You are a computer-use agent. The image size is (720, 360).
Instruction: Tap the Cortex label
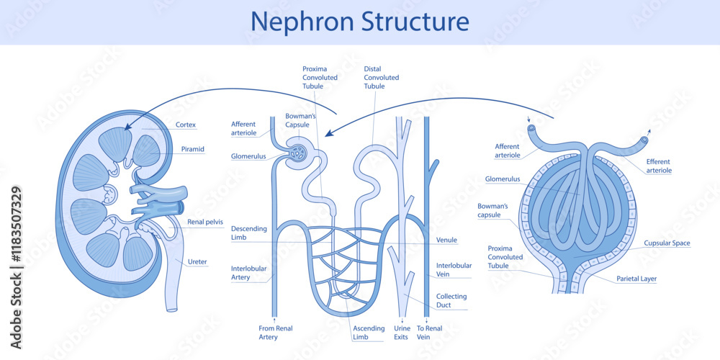(186, 125)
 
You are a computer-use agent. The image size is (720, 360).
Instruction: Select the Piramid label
(192, 149)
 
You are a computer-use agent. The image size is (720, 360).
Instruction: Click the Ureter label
(197, 262)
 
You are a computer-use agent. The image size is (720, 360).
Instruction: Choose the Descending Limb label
(249, 233)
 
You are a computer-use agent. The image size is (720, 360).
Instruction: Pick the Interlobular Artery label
(249, 272)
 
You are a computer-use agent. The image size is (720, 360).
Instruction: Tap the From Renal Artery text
(275, 332)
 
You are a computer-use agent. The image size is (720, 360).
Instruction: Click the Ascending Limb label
(369, 332)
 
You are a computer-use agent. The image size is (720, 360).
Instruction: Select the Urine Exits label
(402, 332)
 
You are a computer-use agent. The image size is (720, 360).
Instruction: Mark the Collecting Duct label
(451, 300)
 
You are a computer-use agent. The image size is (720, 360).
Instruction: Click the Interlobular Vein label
(454, 269)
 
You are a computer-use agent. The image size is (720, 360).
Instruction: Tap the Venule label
(446, 240)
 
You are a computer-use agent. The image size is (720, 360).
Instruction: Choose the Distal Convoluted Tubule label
(381, 78)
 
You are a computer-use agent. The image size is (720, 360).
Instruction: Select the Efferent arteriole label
(659, 166)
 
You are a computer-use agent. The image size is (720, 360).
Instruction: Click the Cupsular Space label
(667, 243)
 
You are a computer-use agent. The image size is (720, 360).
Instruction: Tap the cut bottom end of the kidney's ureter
(171, 309)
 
